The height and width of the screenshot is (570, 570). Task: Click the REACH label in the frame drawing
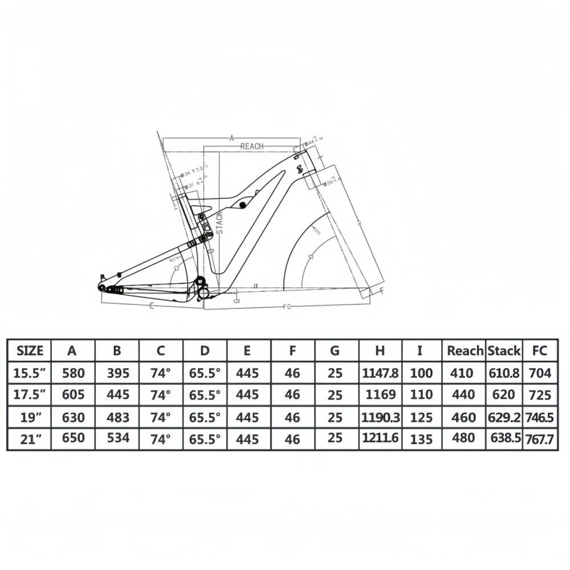[251, 146]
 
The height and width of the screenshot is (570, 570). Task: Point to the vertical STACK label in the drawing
[219, 222]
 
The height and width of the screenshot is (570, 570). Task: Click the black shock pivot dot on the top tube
[243, 204]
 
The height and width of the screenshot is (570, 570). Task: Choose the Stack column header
[504, 351]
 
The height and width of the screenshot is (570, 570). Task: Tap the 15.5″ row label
[30, 373]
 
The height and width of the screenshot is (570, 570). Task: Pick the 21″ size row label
[30, 438]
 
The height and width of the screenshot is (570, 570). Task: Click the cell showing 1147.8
[380, 373]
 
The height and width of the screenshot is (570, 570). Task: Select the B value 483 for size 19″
[118, 417]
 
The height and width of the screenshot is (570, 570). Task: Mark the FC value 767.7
[540, 439]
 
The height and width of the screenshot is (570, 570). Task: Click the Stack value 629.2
[504, 417]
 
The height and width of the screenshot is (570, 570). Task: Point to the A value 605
[74, 394]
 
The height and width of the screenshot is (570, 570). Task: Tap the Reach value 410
[462, 373]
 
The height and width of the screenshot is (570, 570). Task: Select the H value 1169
[380, 394]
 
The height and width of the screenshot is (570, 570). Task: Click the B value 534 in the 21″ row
[118, 438]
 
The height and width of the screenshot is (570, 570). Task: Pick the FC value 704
[540, 373]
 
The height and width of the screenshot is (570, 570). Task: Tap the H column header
[380, 351]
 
